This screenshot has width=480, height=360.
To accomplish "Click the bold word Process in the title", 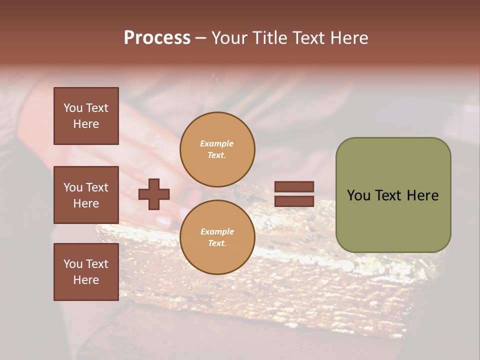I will (x=157, y=38).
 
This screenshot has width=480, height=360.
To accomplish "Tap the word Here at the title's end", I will (x=348, y=38).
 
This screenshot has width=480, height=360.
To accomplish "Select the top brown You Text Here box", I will (x=86, y=116).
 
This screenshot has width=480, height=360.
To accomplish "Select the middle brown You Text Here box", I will (x=86, y=195).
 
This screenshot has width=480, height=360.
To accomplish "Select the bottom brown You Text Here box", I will (x=86, y=272).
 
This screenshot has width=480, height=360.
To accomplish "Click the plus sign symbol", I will (x=154, y=194).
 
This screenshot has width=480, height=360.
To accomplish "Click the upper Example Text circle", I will (x=217, y=149).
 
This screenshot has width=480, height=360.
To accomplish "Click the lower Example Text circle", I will (x=217, y=237).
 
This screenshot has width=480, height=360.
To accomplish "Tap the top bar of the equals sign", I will (x=294, y=186).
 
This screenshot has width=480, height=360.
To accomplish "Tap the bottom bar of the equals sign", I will (x=294, y=201).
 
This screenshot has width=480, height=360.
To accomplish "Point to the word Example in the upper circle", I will (x=217, y=143).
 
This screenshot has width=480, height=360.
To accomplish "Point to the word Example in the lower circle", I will (x=217, y=231).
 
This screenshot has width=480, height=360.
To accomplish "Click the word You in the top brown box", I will (x=72, y=108).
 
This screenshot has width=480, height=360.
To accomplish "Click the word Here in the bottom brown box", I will (x=86, y=280).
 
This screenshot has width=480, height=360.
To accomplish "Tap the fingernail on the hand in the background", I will (x=163, y=219).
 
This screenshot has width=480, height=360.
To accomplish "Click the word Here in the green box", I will (x=423, y=195).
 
